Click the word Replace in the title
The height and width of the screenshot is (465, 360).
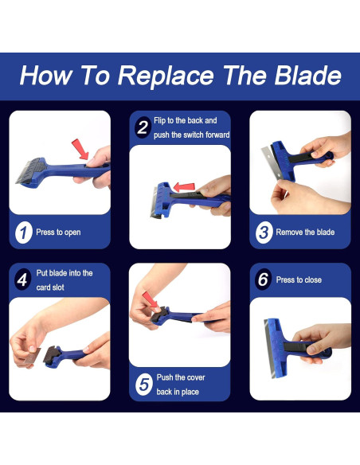[x=166, y=76]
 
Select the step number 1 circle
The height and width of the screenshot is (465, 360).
[x=24, y=232]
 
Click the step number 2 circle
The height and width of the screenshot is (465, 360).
[x=143, y=127]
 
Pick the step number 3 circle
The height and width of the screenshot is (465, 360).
[x=264, y=232]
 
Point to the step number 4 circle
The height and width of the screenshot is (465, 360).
[x=22, y=279]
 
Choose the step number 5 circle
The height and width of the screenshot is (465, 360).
[x=144, y=385]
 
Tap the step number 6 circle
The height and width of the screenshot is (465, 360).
[x=263, y=279]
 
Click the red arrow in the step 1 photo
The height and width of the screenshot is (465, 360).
[x=80, y=149]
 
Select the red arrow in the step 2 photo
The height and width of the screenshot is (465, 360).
[x=184, y=187]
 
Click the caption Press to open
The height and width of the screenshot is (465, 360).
[x=58, y=232]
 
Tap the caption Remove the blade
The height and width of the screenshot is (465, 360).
[x=305, y=232]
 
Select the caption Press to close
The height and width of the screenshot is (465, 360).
[x=299, y=279]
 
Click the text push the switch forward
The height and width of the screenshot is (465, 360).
[x=192, y=135]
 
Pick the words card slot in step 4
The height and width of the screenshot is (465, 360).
[x=50, y=287]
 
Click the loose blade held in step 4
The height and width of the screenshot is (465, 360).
[x=32, y=356]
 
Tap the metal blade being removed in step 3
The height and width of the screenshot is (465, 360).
[x=272, y=162]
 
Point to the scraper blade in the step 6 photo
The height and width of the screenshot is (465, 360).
[x=269, y=349]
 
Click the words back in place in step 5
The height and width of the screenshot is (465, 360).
[x=178, y=392]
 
